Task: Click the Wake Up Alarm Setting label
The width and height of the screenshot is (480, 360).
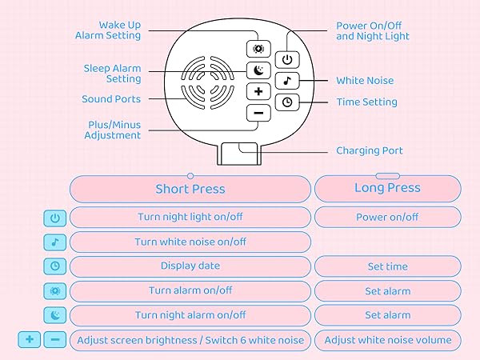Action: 108,30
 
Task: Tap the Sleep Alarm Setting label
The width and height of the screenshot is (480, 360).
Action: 113,74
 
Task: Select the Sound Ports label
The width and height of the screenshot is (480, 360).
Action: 111,99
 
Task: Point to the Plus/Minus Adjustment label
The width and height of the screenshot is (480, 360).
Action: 113,130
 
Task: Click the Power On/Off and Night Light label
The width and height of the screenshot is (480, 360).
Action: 373,31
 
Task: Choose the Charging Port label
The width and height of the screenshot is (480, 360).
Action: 369,150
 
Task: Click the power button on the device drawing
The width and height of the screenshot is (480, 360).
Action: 286,60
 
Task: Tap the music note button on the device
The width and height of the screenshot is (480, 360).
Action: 286,81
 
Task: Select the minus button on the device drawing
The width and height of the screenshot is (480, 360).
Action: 258,113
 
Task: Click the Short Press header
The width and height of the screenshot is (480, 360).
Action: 190,190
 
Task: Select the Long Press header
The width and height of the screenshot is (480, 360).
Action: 387,189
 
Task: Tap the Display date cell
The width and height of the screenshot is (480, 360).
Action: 190,266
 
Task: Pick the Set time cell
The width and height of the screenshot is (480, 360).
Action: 387,266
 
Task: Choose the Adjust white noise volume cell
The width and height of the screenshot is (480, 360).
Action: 387,340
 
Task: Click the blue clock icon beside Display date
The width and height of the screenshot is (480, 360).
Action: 54,266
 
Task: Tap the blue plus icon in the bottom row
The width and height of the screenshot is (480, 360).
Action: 30,340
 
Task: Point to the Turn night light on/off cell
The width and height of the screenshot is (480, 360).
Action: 190,217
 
